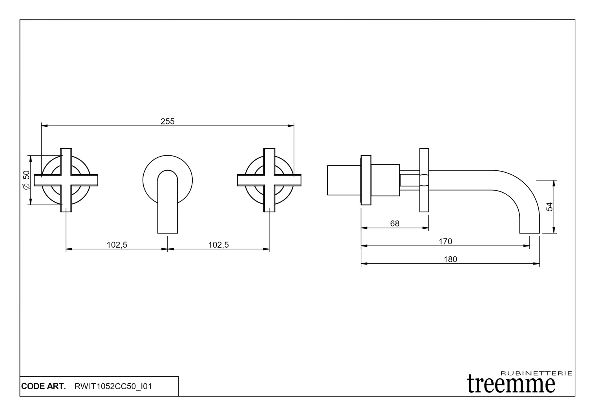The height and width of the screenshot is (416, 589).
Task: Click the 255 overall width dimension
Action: pyautogui.click(x=167, y=121)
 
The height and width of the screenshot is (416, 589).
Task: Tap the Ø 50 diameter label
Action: pyautogui.click(x=26, y=180)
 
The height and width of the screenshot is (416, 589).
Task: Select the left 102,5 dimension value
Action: pyautogui.click(x=117, y=245)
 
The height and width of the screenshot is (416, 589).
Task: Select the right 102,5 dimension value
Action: pyautogui.click(x=218, y=245)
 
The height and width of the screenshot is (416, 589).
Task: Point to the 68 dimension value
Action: pyautogui.click(x=395, y=223)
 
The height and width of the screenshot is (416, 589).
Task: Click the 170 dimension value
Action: pyautogui.click(x=445, y=241)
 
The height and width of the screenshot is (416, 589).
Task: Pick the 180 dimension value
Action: pyautogui.click(x=450, y=259)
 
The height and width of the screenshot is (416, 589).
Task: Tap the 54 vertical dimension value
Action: pyautogui.click(x=550, y=206)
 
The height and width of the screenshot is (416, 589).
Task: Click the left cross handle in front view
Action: pyautogui.click(x=66, y=180)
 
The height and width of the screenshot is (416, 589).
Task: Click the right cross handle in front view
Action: pyautogui.click(x=269, y=180)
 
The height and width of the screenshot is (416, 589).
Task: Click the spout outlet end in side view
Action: pyautogui.click(x=530, y=232)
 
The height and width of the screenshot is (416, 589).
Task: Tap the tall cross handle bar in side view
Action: pyautogui.click(x=424, y=180)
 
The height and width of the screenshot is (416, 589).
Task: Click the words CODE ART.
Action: pyautogui.click(x=44, y=387)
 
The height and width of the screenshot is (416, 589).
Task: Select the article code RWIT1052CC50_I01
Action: pyautogui.click(x=113, y=387)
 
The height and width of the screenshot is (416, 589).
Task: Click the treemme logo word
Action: pyautogui.click(x=511, y=383)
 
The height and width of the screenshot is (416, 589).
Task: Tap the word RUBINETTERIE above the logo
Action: pyautogui.click(x=536, y=373)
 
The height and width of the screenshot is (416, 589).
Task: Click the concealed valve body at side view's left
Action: pyautogui.click(x=344, y=180)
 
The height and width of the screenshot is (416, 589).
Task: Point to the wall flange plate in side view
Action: pyautogui.click(x=366, y=180)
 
